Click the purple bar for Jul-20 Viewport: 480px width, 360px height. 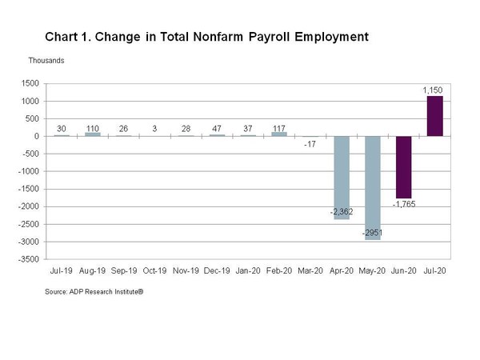click(434, 116)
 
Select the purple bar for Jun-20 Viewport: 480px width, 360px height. click(404, 167)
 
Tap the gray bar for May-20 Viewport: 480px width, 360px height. click(373, 188)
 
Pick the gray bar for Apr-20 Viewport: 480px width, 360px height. click(342, 178)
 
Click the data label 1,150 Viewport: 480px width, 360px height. click(433, 90)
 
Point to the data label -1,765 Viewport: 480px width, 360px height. click(404, 204)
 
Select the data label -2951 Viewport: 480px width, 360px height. click(372, 233)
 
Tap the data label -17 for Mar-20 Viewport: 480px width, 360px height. click(310, 144)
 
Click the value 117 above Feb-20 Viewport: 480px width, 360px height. click(279, 129)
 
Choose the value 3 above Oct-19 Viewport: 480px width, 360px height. click(154, 129)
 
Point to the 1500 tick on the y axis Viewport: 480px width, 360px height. click(30, 83)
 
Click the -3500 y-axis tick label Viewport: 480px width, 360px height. click(29, 259)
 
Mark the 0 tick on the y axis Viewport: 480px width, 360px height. click(37, 136)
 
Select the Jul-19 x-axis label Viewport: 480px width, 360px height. click(62, 271)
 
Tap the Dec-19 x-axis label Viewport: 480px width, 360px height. click(217, 271)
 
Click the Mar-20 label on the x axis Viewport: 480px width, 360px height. click(310, 271)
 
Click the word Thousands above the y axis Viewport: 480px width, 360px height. click(46, 61)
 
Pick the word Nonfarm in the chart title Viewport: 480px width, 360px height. click(218, 37)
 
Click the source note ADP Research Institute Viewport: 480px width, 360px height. click(106, 292)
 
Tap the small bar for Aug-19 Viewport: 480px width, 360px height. click(93, 134)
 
